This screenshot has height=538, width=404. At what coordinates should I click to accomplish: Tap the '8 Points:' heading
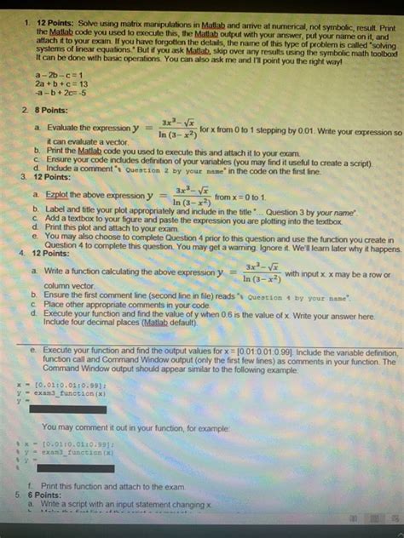[48, 112]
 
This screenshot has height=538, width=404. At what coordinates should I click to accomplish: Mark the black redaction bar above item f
[68, 469]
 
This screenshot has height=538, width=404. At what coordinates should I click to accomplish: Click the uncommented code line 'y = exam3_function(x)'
[60, 393]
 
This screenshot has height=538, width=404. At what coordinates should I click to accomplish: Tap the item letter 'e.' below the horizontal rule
[32, 352]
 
